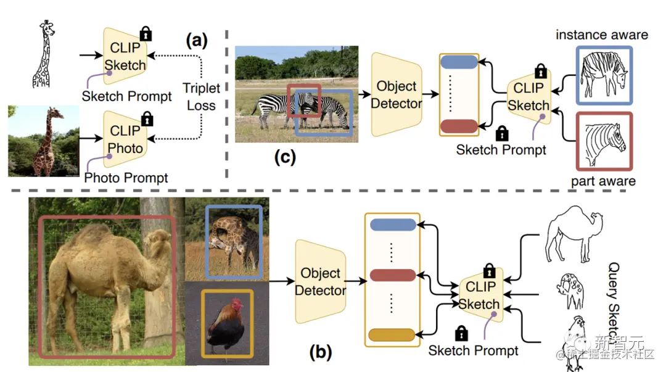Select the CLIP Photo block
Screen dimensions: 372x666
[x=125, y=139]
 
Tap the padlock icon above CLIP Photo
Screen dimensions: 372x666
[x=147, y=119]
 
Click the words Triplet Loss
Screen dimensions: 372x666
[x=201, y=97]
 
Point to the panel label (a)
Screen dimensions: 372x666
[x=197, y=41]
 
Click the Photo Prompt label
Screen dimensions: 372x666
[x=126, y=178]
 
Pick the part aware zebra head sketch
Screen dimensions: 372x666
[x=604, y=141]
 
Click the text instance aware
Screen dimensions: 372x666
[x=601, y=35]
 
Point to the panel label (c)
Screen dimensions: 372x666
[x=284, y=157]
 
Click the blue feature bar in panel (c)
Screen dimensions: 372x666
[x=459, y=62]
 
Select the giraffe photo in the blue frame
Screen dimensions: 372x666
[x=234, y=241]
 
